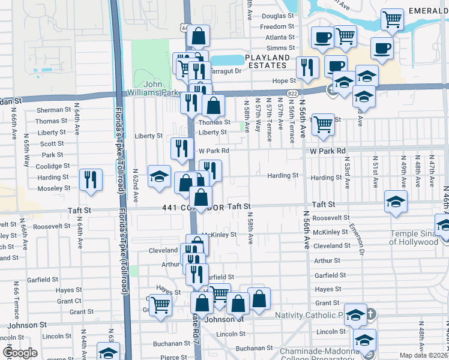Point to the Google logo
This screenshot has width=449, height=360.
(19, 352)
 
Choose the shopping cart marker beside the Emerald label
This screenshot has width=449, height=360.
(391, 20)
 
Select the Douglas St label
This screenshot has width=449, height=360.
(277, 16)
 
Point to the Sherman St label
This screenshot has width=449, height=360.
(53, 110)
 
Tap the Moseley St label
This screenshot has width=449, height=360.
(54, 188)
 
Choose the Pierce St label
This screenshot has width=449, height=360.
(173, 357)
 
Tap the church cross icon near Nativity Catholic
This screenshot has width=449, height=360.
(371, 314)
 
